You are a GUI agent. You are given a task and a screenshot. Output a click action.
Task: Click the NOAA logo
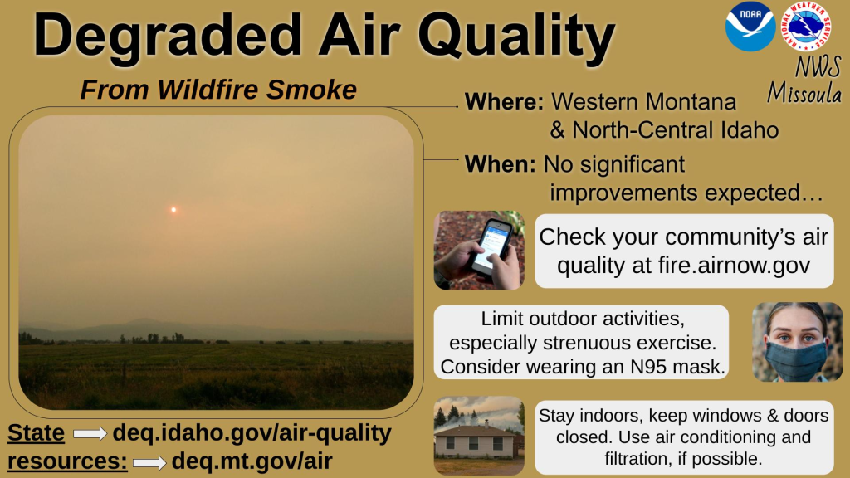750,26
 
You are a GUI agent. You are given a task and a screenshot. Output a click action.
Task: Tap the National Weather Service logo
806,26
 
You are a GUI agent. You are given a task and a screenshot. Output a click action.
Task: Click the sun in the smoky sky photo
173,209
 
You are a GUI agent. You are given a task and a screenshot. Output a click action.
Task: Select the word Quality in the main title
516,37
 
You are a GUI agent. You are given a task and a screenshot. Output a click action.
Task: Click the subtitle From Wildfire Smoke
218,90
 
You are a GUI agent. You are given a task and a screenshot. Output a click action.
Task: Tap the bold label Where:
504,102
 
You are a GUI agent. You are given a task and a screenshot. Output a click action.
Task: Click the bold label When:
500,164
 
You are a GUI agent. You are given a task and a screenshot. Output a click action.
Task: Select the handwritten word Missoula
804,92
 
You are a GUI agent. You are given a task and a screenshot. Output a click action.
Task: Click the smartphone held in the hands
491,246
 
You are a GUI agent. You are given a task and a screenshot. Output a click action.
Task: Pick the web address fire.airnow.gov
734,266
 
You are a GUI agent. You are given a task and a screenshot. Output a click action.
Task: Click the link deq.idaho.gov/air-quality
252,433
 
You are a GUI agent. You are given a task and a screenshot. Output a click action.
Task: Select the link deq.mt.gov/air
252,461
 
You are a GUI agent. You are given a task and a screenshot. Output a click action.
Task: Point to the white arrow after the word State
90,433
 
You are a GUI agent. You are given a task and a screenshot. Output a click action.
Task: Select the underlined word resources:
68,461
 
